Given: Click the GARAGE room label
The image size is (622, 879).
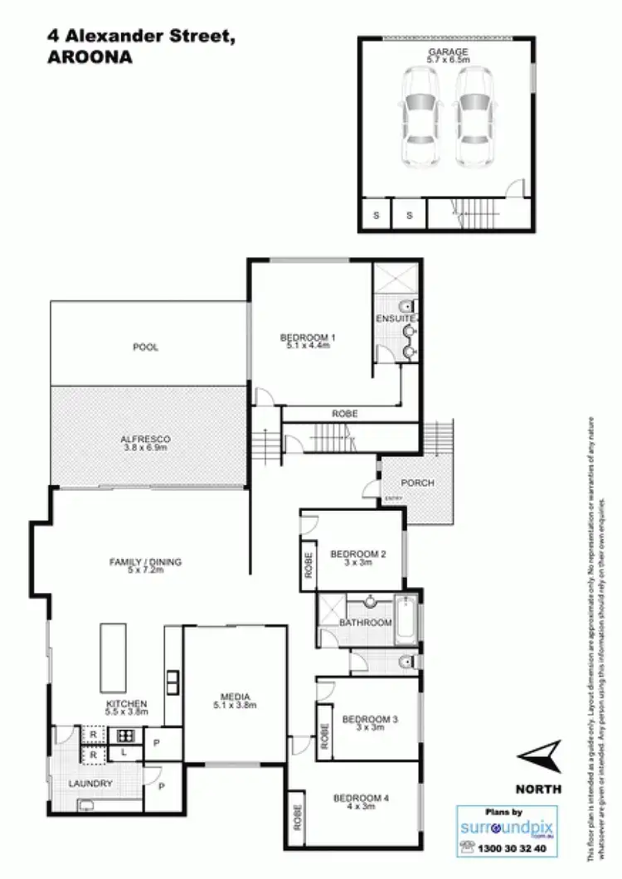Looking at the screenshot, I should (x=447, y=51).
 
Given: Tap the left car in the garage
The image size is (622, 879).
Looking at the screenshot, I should (x=420, y=115).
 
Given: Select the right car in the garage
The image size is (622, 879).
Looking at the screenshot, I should (x=473, y=115).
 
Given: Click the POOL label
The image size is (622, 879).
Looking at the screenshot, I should (x=146, y=347).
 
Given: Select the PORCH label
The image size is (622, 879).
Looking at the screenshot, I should (x=417, y=483).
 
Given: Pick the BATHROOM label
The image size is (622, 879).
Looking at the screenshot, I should (x=366, y=622).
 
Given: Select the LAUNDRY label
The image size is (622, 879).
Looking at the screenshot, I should (x=91, y=784).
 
